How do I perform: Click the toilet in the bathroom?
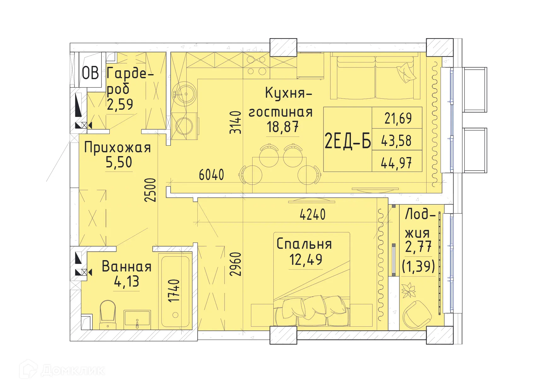[x=108, y=314]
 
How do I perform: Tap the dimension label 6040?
[x=211, y=175]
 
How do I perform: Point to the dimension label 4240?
[x=312, y=215]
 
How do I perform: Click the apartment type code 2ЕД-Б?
[x=348, y=141]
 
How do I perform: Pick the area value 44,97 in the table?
[x=396, y=163]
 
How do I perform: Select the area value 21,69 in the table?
[x=398, y=118]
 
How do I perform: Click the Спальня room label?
[x=304, y=244]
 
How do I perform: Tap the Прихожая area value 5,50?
[x=119, y=162]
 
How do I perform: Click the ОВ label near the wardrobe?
[x=90, y=73]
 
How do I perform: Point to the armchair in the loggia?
[x=416, y=314]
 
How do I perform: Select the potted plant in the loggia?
[x=408, y=289]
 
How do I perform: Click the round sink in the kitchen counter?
[x=184, y=94]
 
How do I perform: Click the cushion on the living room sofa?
[x=406, y=72]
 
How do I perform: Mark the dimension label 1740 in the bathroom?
[x=174, y=290]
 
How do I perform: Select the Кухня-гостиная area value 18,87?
[x=282, y=127]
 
